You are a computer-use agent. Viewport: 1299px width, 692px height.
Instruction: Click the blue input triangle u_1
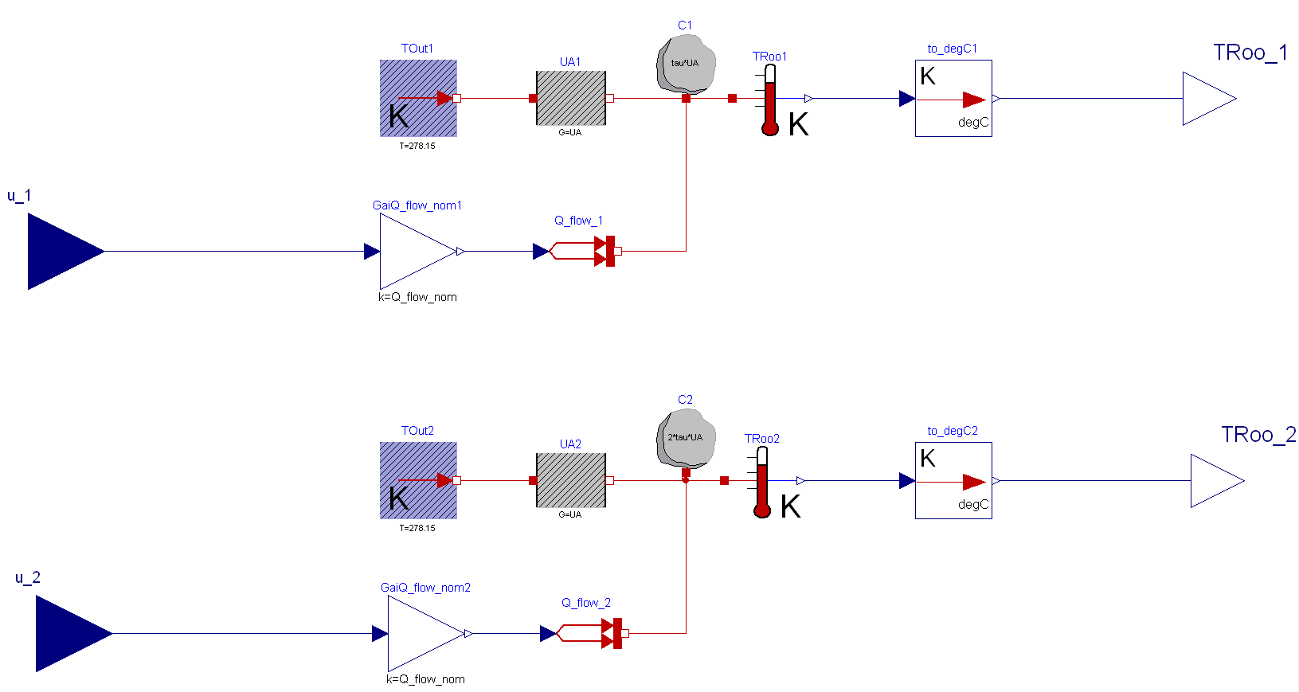click(60, 252)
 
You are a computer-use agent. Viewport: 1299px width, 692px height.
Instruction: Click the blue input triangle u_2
click(68, 634)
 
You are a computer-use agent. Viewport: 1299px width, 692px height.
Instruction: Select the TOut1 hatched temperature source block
click(418, 99)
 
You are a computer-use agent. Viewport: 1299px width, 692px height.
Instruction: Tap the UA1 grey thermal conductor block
click(571, 99)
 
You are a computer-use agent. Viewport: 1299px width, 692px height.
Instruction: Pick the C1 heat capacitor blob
click(685, 64)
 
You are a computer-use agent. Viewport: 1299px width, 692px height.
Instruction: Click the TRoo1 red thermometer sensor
click(770, 100)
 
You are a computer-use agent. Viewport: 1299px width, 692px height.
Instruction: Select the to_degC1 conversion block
click(953, 99)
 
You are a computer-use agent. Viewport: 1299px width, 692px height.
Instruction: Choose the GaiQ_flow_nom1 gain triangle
click(414, 252)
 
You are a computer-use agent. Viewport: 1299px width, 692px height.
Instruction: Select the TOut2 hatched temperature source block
click(418, 481)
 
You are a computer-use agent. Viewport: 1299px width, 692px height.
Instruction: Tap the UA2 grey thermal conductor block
click(571, 481)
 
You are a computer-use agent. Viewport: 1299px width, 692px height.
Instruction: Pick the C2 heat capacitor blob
click(685, 438)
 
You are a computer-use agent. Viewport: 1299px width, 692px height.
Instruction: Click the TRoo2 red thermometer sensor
click(762, 483)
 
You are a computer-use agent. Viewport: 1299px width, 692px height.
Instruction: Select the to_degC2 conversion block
click(953, 481)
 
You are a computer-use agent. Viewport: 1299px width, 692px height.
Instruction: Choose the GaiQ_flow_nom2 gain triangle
click(422, 634)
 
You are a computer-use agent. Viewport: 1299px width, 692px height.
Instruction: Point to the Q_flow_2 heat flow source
click(589, 634)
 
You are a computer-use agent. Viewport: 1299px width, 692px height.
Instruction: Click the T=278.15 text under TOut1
click(417, 147)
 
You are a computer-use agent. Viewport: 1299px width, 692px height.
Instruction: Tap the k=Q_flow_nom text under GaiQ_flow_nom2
click(425, 679)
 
